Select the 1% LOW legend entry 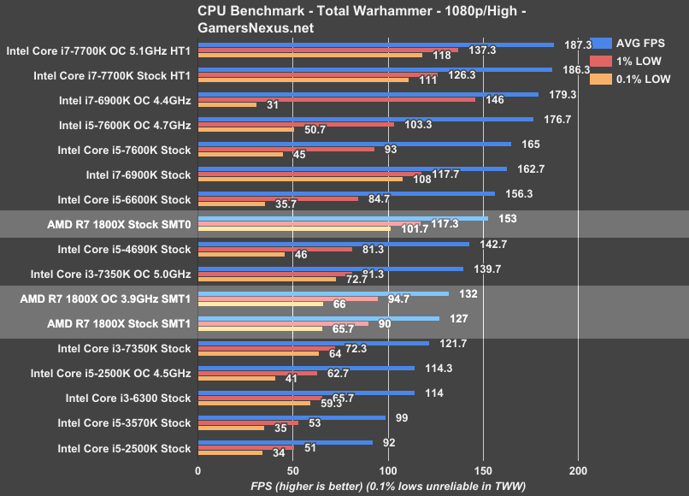tap(638, 61)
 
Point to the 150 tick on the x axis tap(484, 470)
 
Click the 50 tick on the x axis tap(293, 470)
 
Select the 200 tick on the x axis tap(579, 470)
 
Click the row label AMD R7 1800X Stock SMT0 tap(119, 224)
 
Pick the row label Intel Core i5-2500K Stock tap(124, 448)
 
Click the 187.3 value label tap(579, 44)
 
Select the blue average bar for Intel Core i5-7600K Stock tap(354, 144)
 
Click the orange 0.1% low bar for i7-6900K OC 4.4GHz tap(227, 105)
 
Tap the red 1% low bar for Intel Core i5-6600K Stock tap(278, 199)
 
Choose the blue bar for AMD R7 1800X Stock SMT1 tap(319, 318)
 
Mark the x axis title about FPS tap(388, 486)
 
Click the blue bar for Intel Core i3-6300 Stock tap(306, 393)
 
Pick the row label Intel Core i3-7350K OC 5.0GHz tap(110, 274)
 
